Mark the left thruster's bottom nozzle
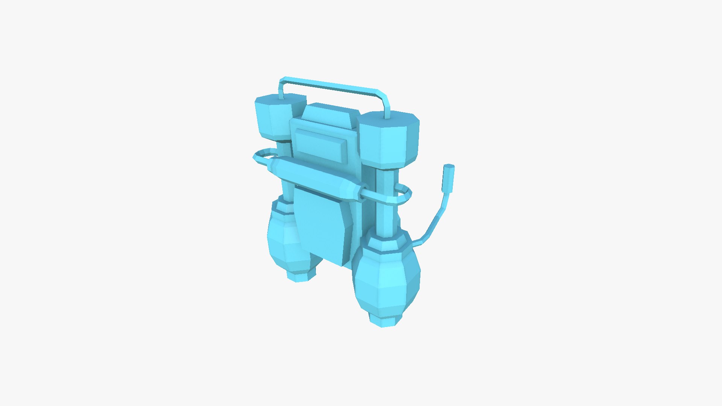[301, 274]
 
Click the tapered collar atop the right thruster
[387, 242]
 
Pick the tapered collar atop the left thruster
[282, 207]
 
